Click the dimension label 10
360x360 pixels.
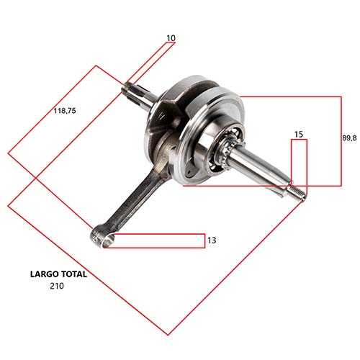pos(171,37)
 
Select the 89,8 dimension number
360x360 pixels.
pos(350,137)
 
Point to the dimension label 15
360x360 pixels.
pos(299,135)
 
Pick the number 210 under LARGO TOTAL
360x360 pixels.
pos(57,286)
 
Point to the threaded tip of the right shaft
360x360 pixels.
pos(297,192)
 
